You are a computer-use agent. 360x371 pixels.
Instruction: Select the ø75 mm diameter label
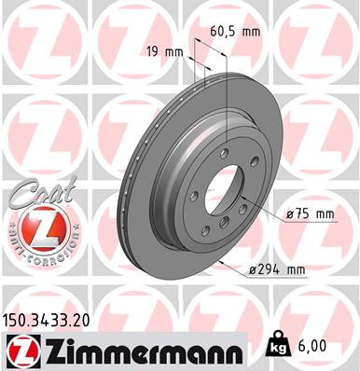click(310, 213)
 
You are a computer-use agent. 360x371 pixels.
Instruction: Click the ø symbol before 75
click(291, 213)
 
